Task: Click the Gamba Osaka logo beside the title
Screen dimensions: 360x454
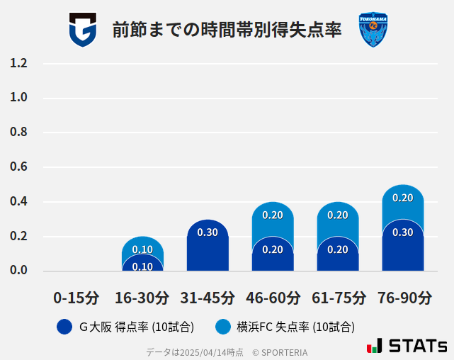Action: (x=82, y=30)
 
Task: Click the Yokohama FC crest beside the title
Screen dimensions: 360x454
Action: (x=373, y=30)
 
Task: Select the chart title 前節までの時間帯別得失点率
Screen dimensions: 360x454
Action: (x=227, y=30)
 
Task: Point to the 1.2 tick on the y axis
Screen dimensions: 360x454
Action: (x=18, y=63)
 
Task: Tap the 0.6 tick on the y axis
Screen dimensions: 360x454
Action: (x=18, y=167)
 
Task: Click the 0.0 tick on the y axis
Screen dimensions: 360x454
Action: (x=18, y=271)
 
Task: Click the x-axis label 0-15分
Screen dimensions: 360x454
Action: (x=77, y=298)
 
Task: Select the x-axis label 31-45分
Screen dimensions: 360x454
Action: (x=208, y=298)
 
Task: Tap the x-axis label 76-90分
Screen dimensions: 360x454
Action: (x=403, y=298)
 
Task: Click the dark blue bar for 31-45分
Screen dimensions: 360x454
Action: (x=208, y=247)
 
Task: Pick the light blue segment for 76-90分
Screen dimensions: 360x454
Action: (x=403, y=201)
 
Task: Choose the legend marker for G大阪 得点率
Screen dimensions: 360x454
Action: (x=64, y=327)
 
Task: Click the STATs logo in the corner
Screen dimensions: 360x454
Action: (x=407, y=346)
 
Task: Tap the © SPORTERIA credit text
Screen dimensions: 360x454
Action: (x=280, y=352)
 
